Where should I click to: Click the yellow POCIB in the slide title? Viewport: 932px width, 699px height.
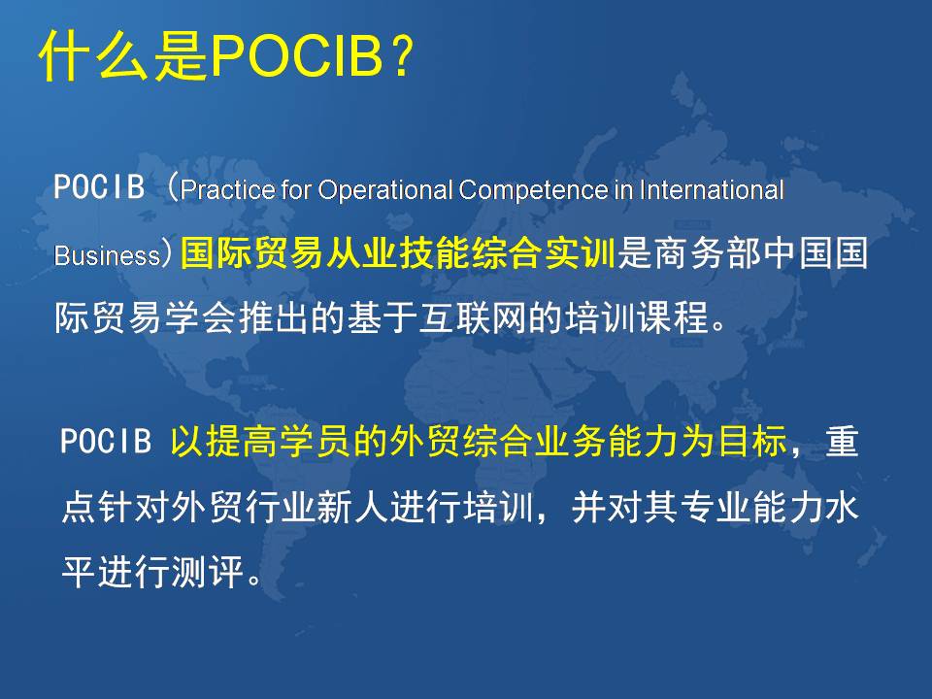(297, 56)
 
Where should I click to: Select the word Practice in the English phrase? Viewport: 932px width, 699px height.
(228, 190)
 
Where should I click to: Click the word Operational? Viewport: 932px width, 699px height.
(385, 190)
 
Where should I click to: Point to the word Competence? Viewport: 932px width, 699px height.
(534, 190)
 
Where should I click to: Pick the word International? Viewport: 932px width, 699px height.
(712, 190)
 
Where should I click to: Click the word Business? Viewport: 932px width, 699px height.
(107, 255)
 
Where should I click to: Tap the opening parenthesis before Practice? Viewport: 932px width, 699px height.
(172, 186)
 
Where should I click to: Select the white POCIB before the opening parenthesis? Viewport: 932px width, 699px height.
(99, 186)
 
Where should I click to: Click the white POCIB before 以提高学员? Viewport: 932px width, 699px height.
(106, 441)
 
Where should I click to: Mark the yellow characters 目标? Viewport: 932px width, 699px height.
(752, 441)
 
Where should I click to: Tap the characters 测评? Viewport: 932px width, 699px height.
(208, 571)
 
